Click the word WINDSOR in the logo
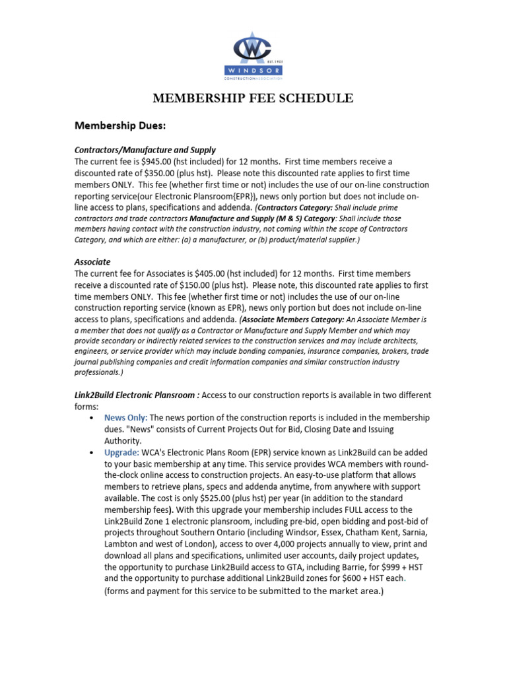[253, 69]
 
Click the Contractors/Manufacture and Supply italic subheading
[145, 150]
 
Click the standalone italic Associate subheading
[92, 261]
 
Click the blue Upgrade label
[121, 453]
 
